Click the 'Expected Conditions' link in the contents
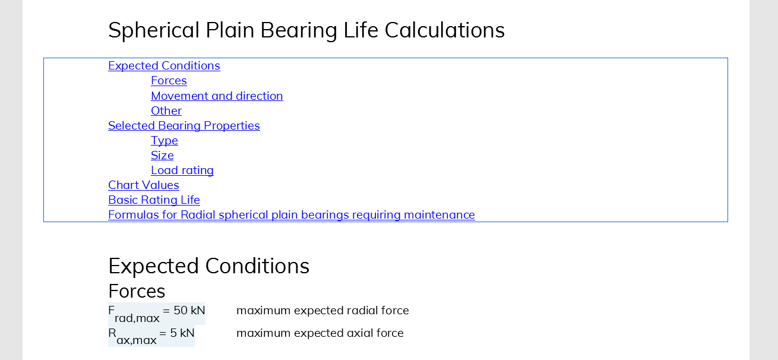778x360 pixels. click(164, 66)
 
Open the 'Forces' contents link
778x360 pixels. click(169, 81)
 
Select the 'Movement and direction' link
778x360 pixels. click(217, 96)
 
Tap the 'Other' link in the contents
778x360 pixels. click(166, 111)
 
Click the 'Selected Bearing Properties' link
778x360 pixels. click(184, 125)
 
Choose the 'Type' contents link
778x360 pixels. click(165, 141)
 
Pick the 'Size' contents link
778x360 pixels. click(162, 155)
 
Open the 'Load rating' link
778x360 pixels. click(182, 170)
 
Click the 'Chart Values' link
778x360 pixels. click(144, 185)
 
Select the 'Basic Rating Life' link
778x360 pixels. click(154, 200)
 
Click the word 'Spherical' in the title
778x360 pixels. click(154, 30)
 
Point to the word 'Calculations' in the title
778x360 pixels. click(445, 30)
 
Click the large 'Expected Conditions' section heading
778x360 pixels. click(208, 266)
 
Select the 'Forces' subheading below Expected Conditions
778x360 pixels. click(137, 291)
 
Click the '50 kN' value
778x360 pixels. click(189, 310)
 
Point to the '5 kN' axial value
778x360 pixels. click(182, 333)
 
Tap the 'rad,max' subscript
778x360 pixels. click(137, 318)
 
